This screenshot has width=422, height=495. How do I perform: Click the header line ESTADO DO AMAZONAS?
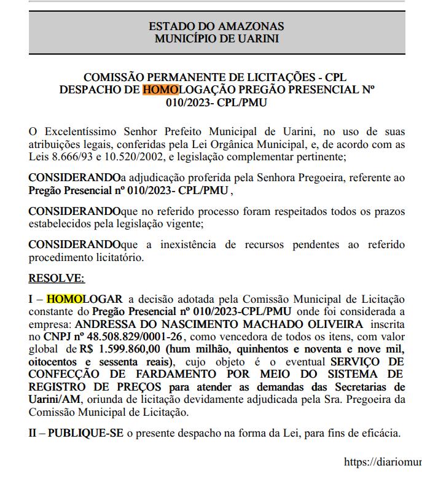tap(216, 26)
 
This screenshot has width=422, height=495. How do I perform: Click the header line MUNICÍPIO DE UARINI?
tap(216, 39)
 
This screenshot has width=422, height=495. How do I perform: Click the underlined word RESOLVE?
tap(57, 278)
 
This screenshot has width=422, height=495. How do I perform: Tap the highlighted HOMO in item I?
tap(64, 299)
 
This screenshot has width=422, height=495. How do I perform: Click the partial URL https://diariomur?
tap(383, 461)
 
